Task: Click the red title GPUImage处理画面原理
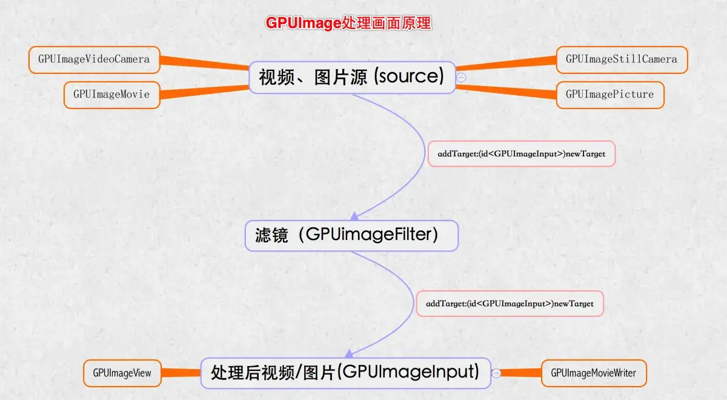[x=348, y=23]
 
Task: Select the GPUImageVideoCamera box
[x=95, y=60]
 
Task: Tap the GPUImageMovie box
[x=111, y=95]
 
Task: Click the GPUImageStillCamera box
[x=622, y=59]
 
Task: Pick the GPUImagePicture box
[x=609, y=95]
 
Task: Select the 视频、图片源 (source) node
[x=352, y=77]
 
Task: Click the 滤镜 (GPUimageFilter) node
[x=351, y=235]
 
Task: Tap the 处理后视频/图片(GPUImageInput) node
[x=345, y=372]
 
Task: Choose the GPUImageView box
[x=122, y=373]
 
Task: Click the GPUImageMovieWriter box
[x=593, y=373]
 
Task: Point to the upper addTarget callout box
[x=521, y=154]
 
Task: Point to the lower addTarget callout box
[x=510, y=303]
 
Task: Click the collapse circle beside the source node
[x=462, y=77]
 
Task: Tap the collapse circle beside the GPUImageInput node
[x=497, y=373]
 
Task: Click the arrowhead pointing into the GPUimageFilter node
[x=356, y=215]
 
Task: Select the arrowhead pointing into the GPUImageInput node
[x=350, y=352]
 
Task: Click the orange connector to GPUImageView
[x=181, y=373]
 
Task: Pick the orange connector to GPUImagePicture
[x=506, y=90]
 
